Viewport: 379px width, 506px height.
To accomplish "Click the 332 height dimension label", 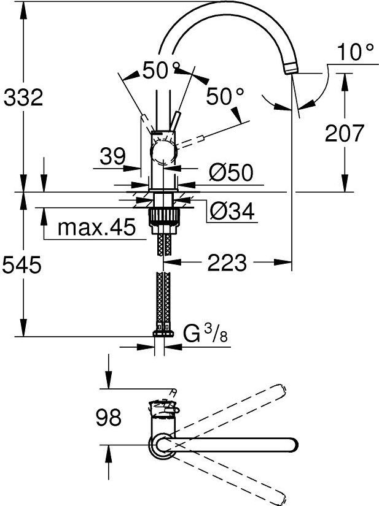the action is click(x=23, y=97).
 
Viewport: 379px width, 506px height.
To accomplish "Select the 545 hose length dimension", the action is click(x=22, y=264).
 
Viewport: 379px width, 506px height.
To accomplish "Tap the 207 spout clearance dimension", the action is click(x=345, y=132).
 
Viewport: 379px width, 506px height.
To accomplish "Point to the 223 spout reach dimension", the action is click(x=227, y=263).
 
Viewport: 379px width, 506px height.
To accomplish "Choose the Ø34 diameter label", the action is click(x=232, y=211).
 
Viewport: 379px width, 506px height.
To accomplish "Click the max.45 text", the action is click(x=96, y=226).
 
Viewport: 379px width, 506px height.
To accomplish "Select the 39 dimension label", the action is click(x=112, y=156).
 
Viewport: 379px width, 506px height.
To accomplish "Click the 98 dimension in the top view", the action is click(x=109, y=416).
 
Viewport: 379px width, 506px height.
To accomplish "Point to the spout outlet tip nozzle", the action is click(x=291, y=69).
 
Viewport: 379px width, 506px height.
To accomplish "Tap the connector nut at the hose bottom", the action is click(x=163, y=334).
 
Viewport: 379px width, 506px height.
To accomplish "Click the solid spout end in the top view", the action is click(x=291, y=446).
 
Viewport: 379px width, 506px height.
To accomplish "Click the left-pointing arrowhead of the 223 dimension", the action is click(x=172, y=262).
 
